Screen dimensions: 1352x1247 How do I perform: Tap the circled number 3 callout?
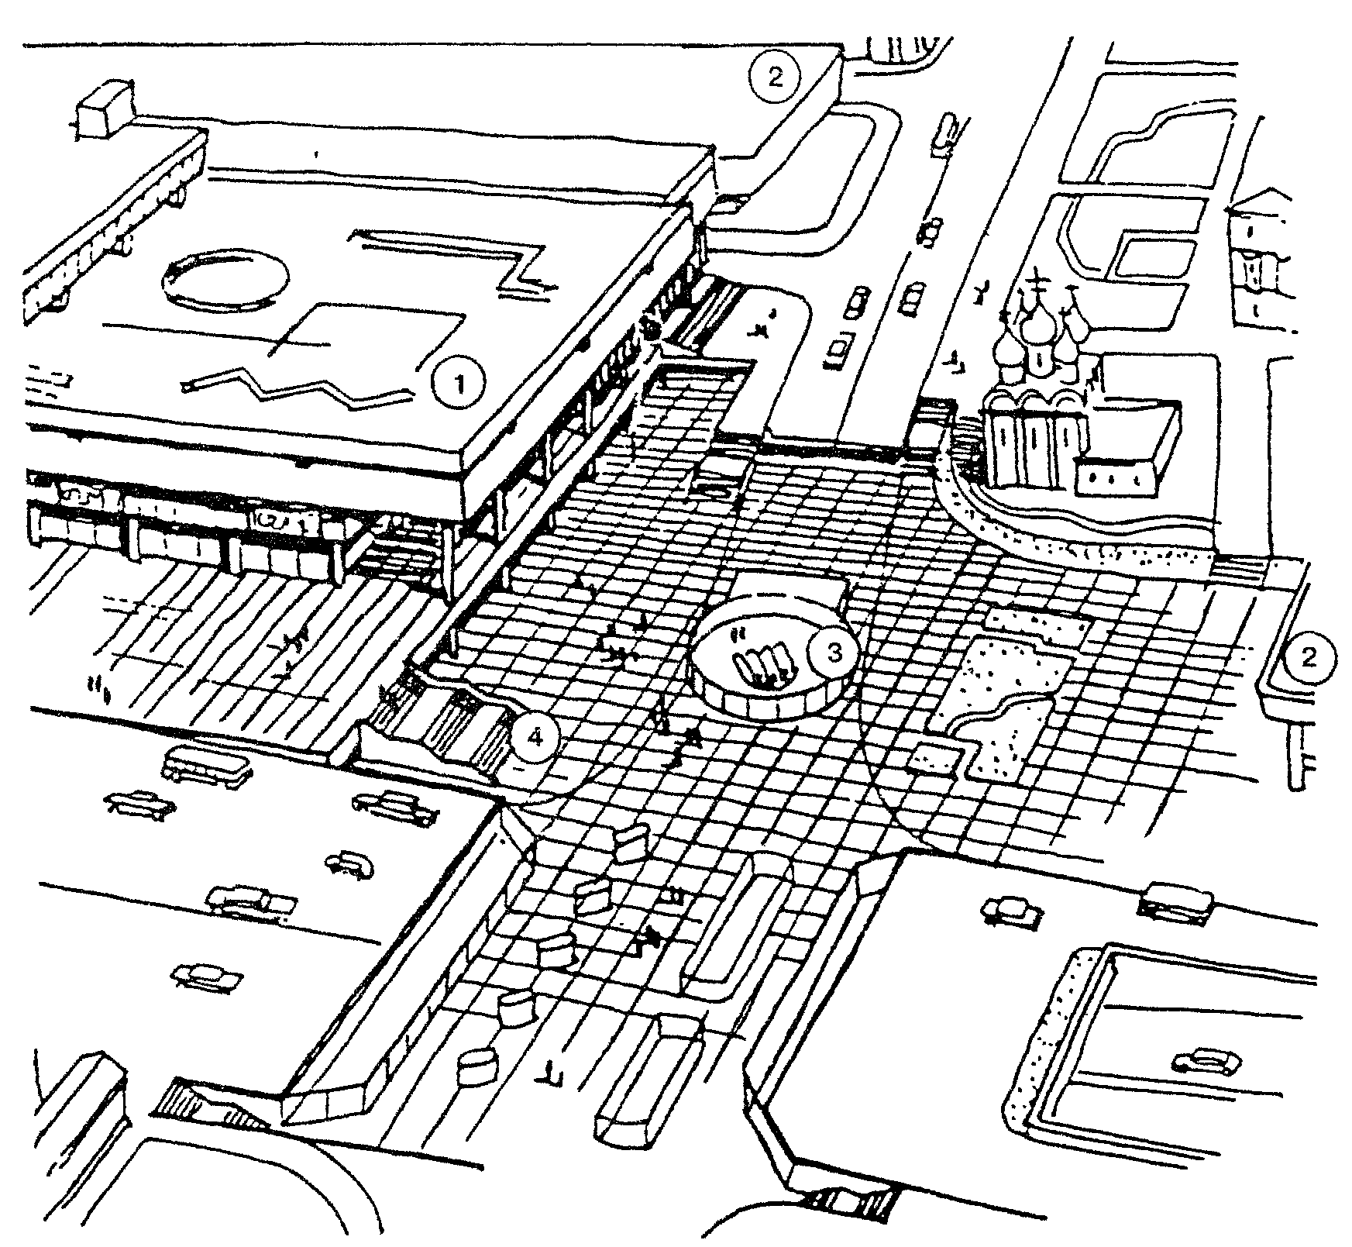pyautogui.click(x=834, y=653)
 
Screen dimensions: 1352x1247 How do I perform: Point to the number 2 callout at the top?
pyautogui.click(x=776, y=77)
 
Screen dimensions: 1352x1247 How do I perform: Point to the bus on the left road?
pyautogui.click(x=207, y=765)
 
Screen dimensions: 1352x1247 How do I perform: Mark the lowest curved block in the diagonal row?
pyautogui.click(x=476, y=1066)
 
